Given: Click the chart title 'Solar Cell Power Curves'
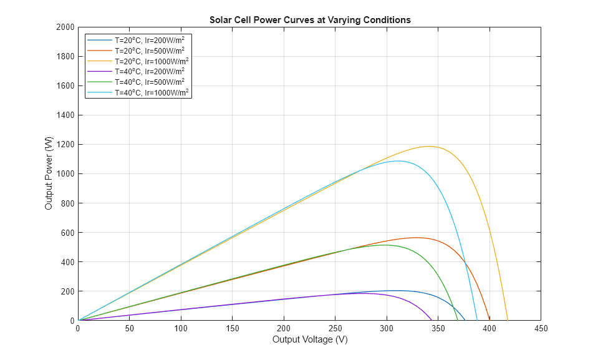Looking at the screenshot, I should tap(309, 20).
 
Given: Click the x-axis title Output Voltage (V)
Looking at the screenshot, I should tap(309, 340).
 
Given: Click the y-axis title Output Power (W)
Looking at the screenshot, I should tap(49, 173).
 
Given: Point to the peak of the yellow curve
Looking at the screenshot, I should tap(430, 147).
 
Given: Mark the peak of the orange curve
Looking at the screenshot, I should tap(417, 238).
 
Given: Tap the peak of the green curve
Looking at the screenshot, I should tap(385, 245).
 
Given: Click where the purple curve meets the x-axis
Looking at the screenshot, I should tap(432, 321).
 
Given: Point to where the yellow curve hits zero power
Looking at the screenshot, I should tap(508, 321).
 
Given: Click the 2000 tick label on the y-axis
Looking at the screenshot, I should tap(65, 27).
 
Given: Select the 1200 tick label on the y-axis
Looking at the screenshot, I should tap(65, 145).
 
